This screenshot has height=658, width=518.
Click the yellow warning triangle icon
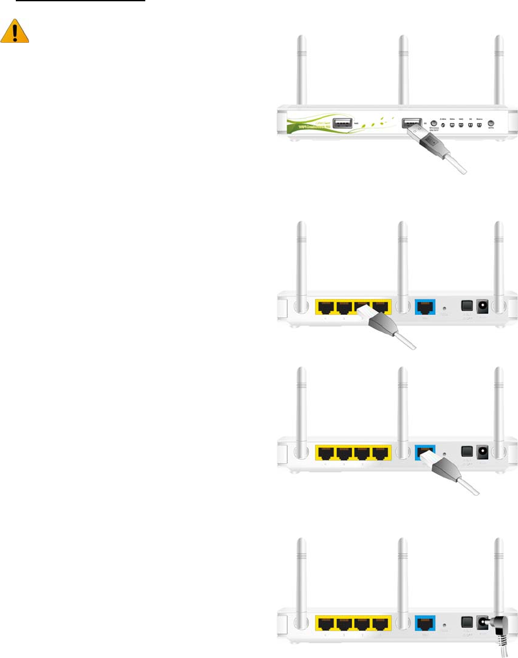tap(15, 31)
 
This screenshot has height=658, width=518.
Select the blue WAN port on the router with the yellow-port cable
tap(425, 308)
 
